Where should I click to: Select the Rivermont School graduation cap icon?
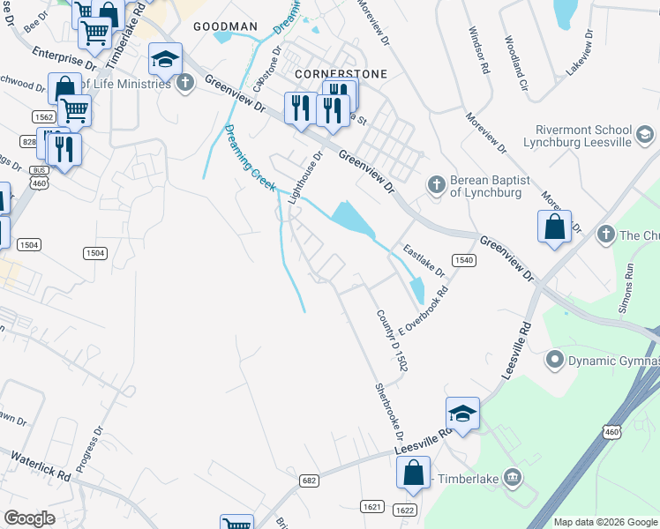coord(644,134)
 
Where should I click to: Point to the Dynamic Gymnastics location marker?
coord(555,359)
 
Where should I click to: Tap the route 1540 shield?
coord(464,260)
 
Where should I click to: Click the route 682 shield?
coord(308,481)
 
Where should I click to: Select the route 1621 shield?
coord(371,506)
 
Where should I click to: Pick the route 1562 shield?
coord(43,116)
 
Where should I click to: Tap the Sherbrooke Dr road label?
coord(389,411)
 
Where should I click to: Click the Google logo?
coord(29,518)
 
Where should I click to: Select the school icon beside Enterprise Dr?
coord(164,60)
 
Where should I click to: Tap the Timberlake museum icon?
coord(514,478)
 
